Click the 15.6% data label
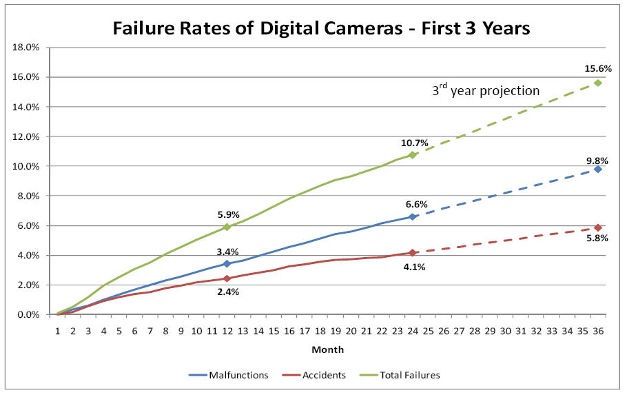598,69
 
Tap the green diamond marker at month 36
598,83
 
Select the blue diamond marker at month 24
412,216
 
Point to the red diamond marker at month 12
227,278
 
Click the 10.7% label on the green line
415,143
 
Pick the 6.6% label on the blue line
417,204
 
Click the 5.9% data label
228,214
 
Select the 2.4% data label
228,292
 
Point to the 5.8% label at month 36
597,238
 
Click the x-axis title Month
328,349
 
